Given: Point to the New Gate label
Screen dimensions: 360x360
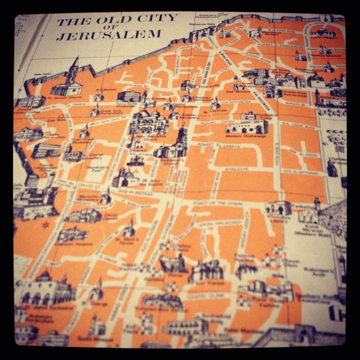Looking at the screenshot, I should coord(39,75).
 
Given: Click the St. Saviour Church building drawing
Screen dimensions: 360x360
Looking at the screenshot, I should coord(67,82).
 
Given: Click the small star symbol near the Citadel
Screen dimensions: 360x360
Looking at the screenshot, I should coord(46,225).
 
